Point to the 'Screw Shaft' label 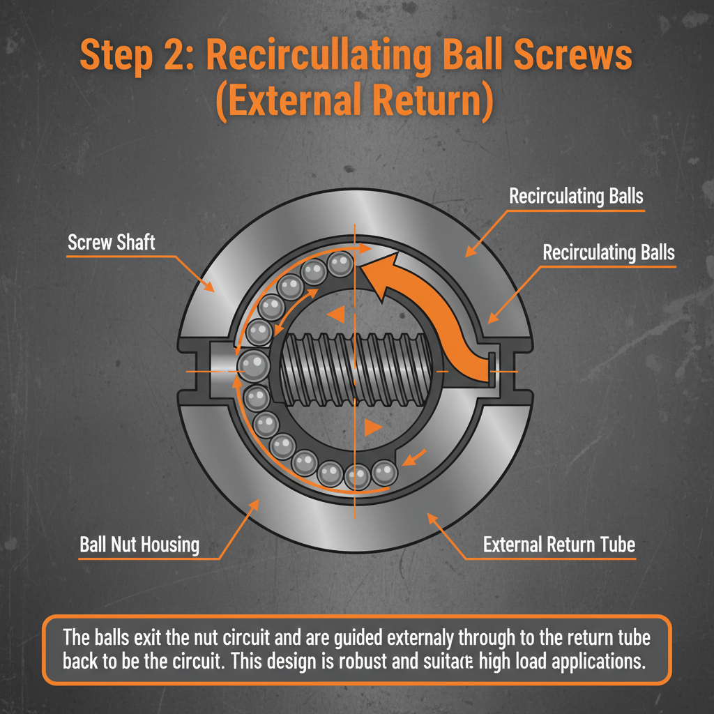[x=112, y=243]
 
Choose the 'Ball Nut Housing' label [x=139, y=545]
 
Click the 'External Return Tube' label [x=559, y=545]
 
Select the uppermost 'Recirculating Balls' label [x=576, y=197]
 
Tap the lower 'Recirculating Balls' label [x=609, y=252]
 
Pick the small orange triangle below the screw [x=373, y=427]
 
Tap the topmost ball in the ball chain [x=340, y=264]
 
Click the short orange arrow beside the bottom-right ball [x=414, y=457]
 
